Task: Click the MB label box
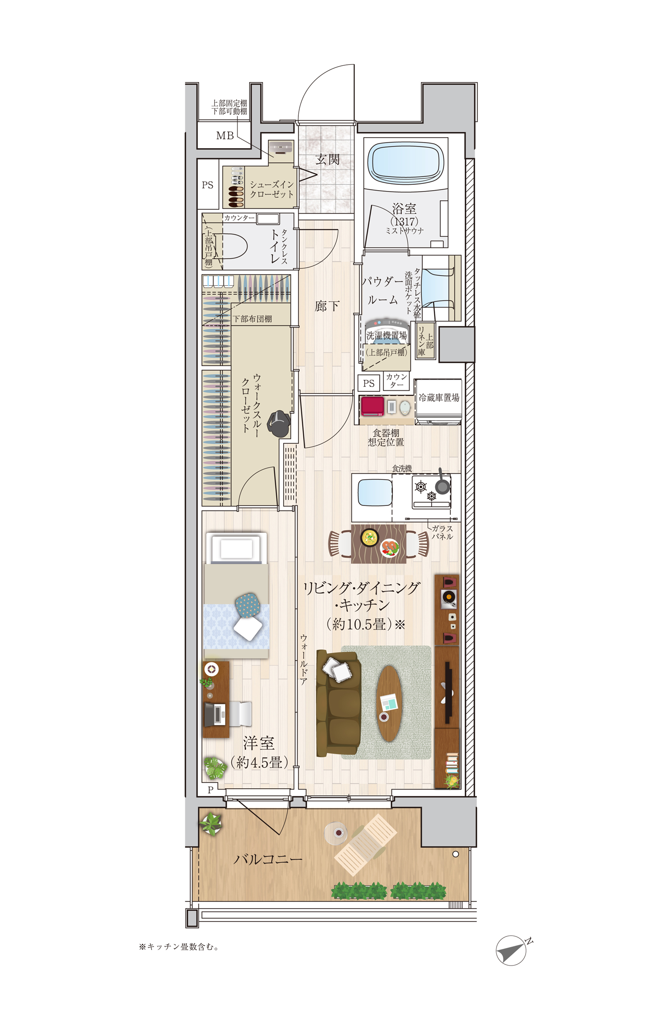pos(224,135)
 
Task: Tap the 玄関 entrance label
pos(327,159)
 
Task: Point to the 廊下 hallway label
pos(327,306)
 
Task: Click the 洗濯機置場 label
pos(387,336)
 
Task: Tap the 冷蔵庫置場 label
pos(439,397)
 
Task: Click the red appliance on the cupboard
pos(372,406)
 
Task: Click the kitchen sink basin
pos(375,492)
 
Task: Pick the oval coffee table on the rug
pos(389,703)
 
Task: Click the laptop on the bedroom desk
pos(215,715)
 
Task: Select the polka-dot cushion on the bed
pos(251,606)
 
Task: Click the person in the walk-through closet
pos(279,423)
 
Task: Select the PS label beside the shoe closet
pos(207,185)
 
